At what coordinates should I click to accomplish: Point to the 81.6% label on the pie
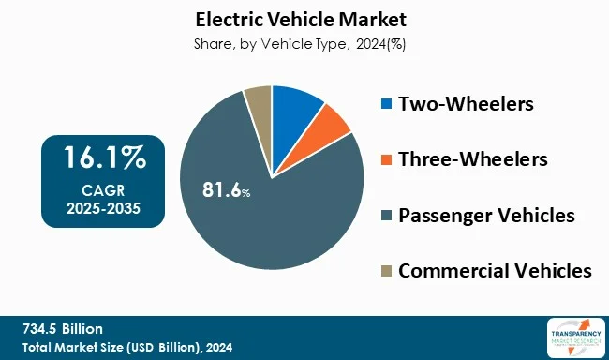tap(226, 190)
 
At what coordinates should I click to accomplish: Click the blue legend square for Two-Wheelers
tap(386, 103)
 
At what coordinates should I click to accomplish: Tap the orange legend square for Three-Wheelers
tap(386, 159)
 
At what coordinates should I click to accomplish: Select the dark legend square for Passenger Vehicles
tap(386, 216)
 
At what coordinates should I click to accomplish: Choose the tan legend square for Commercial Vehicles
tap(386, 272)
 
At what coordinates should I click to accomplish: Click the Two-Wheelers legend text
tap(466, 103)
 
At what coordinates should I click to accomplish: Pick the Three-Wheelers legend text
tap(472, 159)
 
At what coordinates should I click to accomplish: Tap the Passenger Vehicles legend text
tap(486, 216)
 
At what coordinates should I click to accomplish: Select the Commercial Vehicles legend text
tap(495, 272)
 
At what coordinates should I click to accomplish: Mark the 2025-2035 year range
tap(103, 207)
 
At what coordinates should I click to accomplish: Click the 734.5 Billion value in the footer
tap(63, 328)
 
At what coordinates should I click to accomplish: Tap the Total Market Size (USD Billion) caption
tap(126, 347)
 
